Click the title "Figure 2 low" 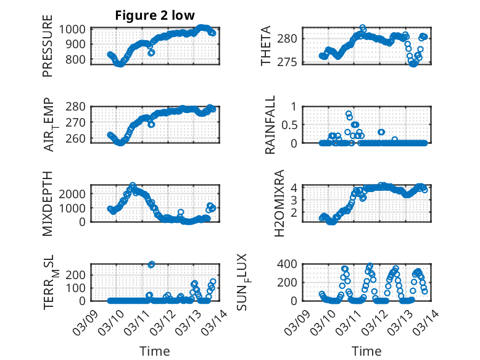[155, 16]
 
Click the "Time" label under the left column [155, 351]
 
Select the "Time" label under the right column [366, 351]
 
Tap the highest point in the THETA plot [363, 28]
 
